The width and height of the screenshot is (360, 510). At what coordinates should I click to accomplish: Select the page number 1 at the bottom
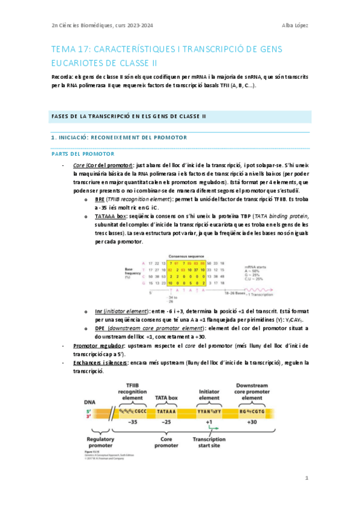pos(306,478)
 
